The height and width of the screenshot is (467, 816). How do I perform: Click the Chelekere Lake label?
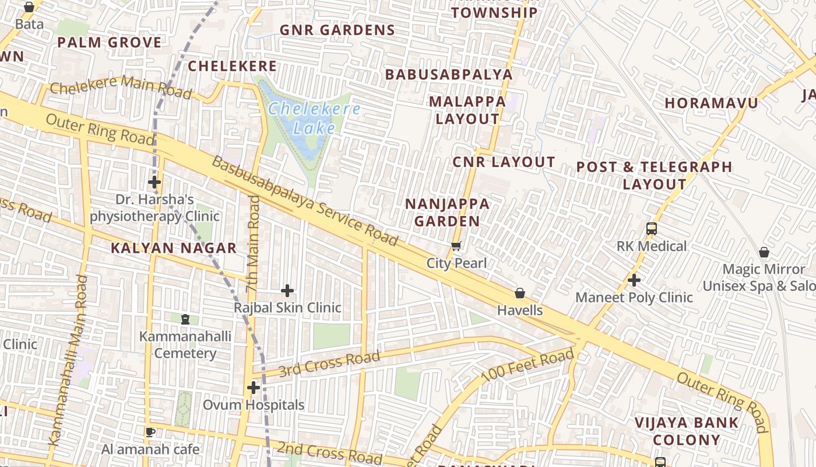tap(314, 118)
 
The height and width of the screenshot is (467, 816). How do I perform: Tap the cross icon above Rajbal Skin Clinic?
tap(287, 290)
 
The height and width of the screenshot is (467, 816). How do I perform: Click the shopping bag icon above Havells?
tap(520, 293)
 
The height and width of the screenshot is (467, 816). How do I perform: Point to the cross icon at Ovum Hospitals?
tap(253, 387)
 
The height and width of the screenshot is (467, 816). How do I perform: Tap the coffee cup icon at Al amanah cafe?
tap(150, 432)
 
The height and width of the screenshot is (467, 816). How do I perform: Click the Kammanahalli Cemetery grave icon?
tap(185, 319)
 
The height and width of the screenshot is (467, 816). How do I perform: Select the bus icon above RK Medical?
tap(652, 229)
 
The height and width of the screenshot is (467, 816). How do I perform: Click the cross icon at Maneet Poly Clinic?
tap(634, 280)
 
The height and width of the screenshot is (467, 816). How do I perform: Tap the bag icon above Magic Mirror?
tap(764, 252)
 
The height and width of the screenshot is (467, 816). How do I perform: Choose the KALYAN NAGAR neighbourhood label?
tap(174, 248)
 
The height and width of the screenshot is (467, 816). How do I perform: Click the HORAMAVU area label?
tap(712, 103)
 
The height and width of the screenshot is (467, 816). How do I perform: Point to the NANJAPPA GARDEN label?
tap(448, 212)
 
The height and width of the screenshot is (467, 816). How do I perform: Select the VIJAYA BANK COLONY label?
tap(687, 431)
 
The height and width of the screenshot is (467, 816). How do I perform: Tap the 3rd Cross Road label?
tap(329, 364)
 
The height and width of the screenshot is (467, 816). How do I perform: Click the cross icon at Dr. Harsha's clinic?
tap(154, 182)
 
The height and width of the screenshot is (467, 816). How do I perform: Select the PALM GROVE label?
tap(109, 43)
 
